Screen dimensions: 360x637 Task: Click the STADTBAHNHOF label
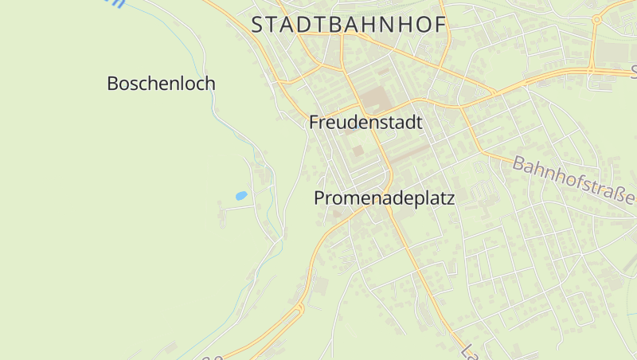coord(348,25)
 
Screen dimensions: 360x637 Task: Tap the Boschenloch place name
coord(161,83)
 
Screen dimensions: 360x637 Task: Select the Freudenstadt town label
coord(365,123)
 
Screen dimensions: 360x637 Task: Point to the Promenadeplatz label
coord(385,198)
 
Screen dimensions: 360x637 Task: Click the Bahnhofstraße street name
coord(573,179)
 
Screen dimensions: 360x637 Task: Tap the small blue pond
coord(240,195)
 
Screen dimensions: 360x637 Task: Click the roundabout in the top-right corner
coord(596,19)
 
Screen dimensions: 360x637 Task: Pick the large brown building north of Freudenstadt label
coord(374,101)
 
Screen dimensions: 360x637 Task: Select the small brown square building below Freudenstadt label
coord(358,151)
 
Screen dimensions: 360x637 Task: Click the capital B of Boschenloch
coord(113,83)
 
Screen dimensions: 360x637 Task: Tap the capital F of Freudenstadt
coord(314,123)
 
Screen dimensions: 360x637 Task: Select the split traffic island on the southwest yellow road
coord(299,311)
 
